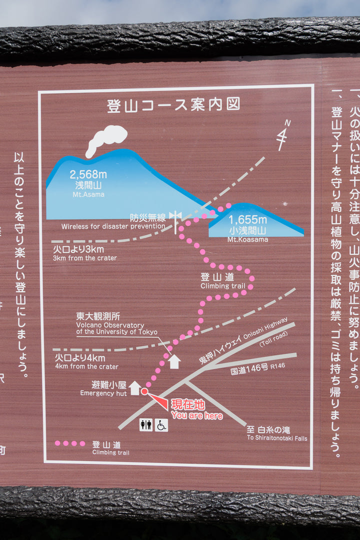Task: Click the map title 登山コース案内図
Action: pos(173,105)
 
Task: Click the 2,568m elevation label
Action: pos(88,174)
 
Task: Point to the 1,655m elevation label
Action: pos(247,219)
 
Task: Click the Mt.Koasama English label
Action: pos(247,239)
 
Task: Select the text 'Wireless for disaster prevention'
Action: pos(113,226)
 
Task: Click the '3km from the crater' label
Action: pos(84,258)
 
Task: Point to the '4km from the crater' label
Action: pos(86,366)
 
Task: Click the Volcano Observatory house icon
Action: pos(173,361)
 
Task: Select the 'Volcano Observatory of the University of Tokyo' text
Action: pos(116,328)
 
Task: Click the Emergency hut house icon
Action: pos(134,387)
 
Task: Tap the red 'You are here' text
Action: pos(196,415)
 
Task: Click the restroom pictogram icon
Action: pos(146,425)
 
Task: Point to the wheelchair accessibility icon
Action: pos(161,425)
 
